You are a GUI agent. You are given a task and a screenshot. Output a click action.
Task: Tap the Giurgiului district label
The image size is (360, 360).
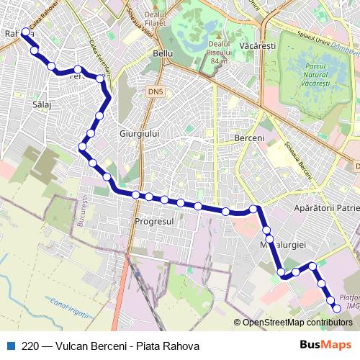point(140,134)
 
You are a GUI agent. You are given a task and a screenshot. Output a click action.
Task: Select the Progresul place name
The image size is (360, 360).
point(155,220)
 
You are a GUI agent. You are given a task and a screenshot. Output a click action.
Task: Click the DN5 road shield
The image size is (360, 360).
point(156,92)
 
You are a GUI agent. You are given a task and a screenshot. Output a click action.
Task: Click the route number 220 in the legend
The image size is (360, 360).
point(31,345)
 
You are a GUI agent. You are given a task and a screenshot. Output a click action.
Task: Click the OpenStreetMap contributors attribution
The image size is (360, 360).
point(294,322)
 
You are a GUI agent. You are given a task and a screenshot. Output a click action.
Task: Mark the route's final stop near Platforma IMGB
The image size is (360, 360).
point(336,309)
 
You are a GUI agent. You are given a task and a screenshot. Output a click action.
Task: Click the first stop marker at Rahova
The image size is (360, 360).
point(26,32)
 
